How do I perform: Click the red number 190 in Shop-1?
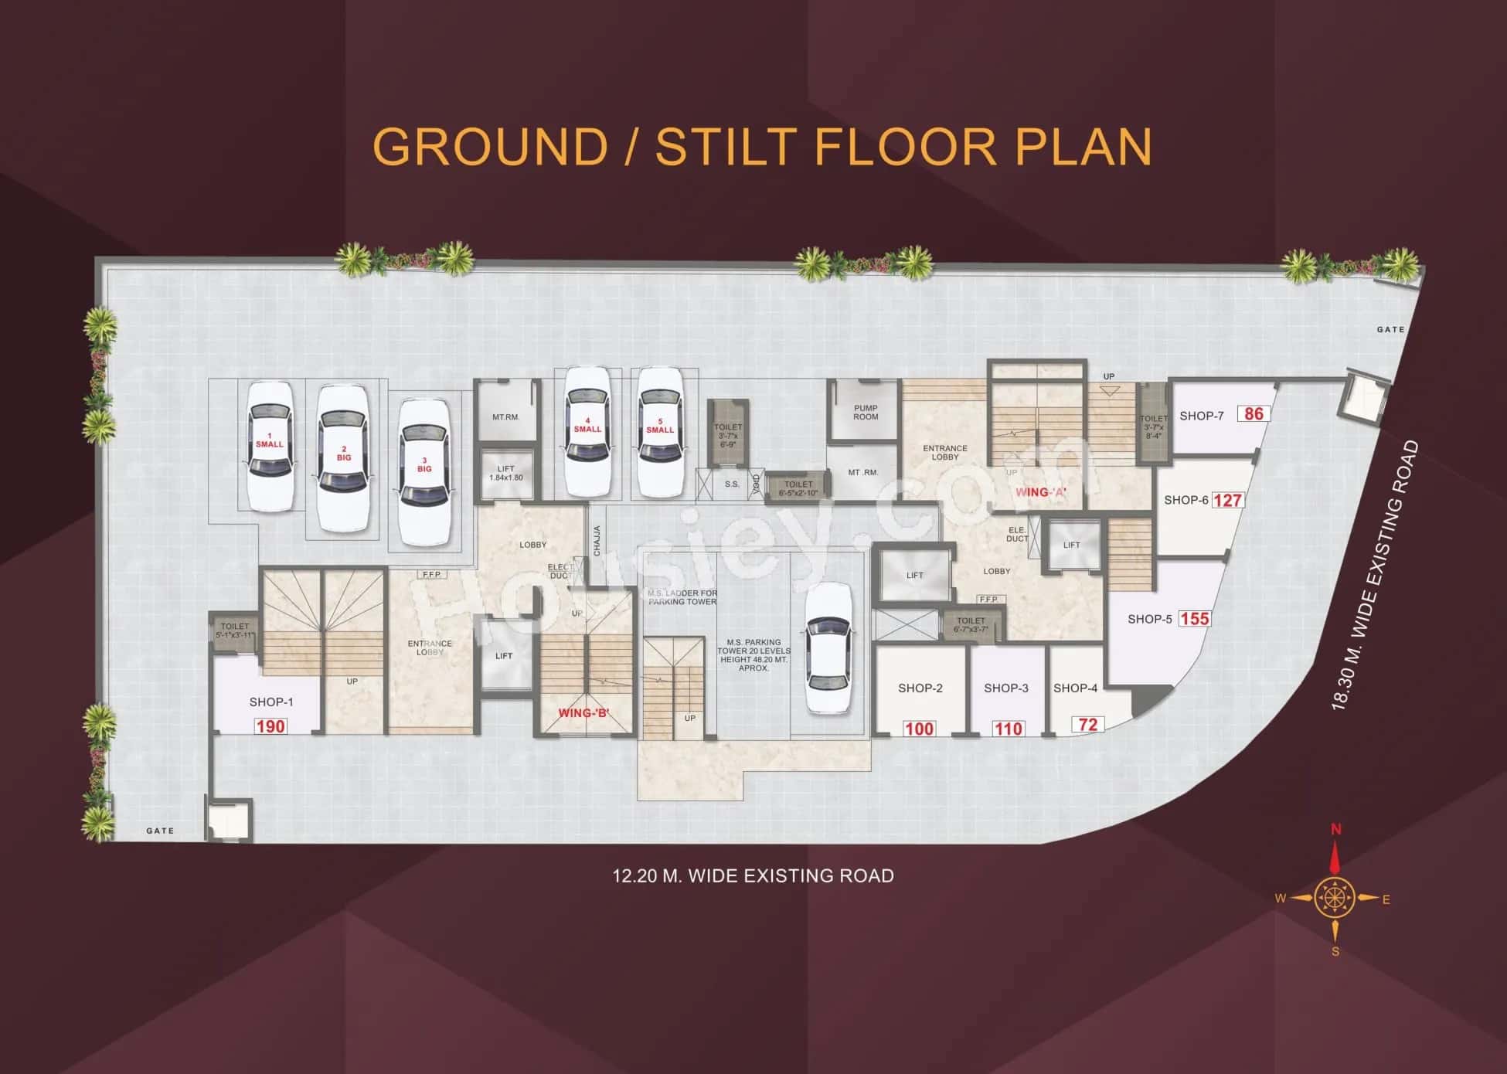(x=270, y=726)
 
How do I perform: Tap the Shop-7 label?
(x=1201, y=416)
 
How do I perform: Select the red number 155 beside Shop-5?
(x=1194, y=619)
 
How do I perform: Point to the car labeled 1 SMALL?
(x=270, y=447)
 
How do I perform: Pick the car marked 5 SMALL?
(x=660, y=432)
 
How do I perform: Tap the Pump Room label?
(x=866, y=413)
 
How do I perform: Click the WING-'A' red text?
(x=1040, y=492)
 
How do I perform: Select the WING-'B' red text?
(x=583, y=712)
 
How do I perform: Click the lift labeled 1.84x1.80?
(x=506, y=473)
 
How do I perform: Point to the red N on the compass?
(x=1335, y=830)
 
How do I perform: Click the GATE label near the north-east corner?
(x=1390, y=329)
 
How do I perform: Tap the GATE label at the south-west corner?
(x=160, y=831)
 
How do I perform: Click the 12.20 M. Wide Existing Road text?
(x=753, y=875)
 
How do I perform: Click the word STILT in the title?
(x=726, y=146)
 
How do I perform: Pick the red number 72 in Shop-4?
(x=1087, y=725)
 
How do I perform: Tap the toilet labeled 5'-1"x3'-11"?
(x=235, y=630)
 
